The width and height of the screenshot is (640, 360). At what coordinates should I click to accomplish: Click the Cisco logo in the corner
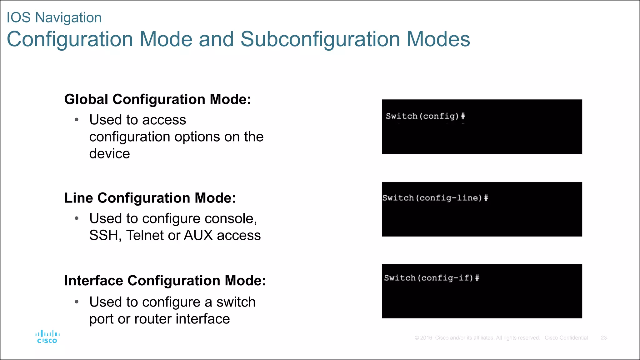coord(47,337)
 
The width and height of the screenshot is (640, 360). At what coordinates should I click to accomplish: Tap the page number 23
coord(603,338)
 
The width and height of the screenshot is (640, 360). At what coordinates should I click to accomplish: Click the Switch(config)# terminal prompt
coord(425,116)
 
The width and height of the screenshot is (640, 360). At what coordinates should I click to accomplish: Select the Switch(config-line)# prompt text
coord(435,198)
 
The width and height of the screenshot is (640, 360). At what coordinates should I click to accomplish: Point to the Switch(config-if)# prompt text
coord(432,278)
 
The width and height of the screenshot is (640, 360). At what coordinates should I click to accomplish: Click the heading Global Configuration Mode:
coord(157,99)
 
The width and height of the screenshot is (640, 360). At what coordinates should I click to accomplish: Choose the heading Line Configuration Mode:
coord(150,198)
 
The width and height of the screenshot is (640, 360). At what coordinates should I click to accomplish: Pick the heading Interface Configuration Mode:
coord(165,281)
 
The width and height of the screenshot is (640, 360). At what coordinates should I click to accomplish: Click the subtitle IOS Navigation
coord(54,17)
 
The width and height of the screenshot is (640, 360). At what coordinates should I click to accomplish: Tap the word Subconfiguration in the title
coord(320,39)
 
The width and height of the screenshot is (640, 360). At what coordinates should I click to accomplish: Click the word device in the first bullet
coord(109,154)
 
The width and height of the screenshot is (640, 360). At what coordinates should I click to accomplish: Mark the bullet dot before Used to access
coord(77,120)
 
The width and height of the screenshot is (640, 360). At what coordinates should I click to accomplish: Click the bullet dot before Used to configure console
coord(77,218)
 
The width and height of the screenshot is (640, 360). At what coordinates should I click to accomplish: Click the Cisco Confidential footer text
coord(566,338)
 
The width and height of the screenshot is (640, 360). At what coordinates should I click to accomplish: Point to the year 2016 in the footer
coord(426,338)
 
